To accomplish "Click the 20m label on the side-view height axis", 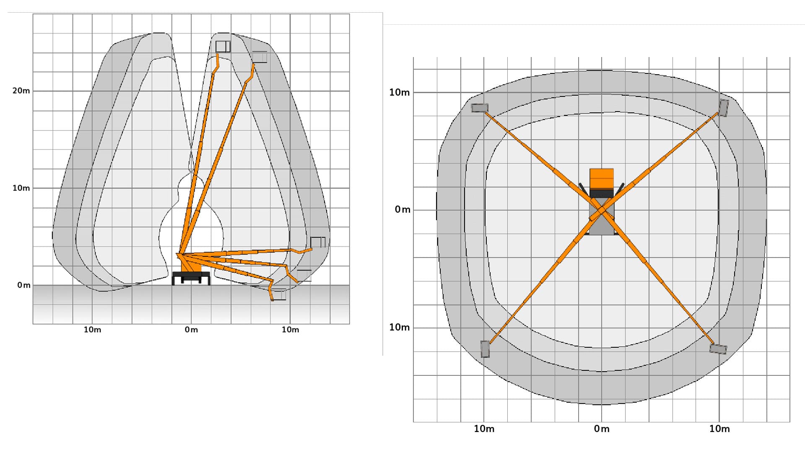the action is (21, 91).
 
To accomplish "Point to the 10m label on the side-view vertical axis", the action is (21, 188).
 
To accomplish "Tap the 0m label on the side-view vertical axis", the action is (24, 285).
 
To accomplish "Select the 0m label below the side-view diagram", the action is (191, 330).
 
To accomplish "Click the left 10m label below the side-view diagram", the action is (92, 330).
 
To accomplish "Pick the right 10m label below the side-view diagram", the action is (290, 330).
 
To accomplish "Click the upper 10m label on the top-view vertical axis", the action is (399, 92).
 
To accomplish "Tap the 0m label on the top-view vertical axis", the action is (402, 210).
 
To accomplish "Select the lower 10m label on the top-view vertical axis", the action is (399, 327).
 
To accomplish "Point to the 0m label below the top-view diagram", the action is (602, 429).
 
